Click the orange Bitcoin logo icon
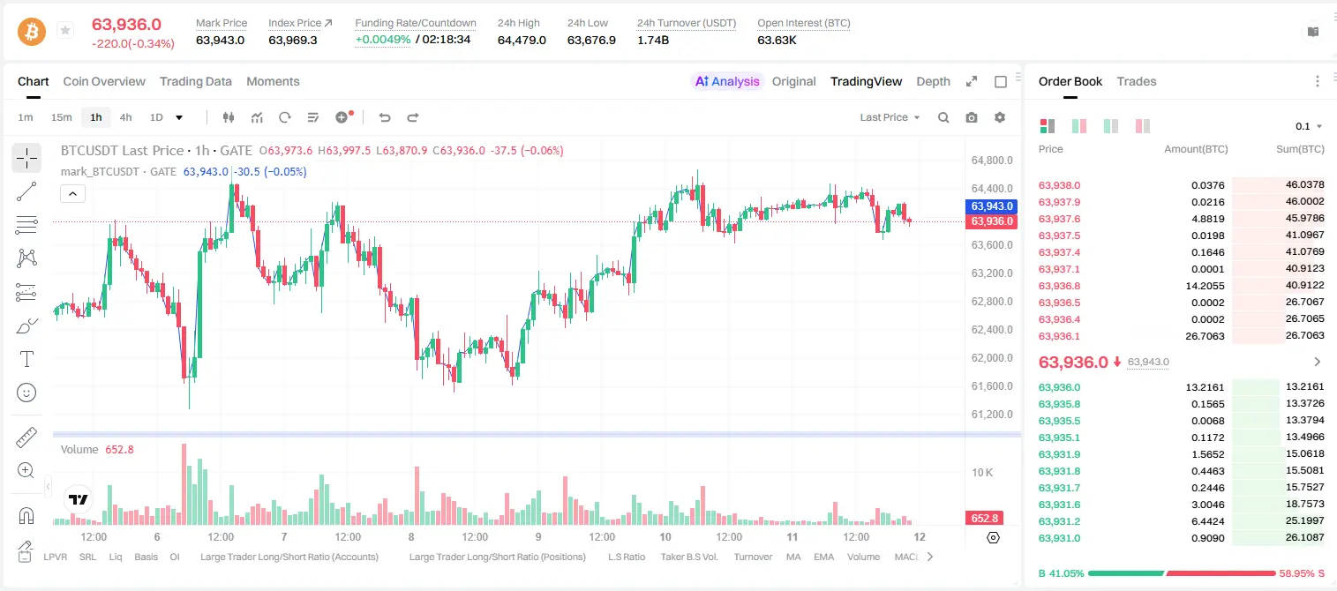coord(32,32)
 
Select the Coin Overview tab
coord(104,81)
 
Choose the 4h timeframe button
coord(125,117)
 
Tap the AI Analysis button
coord(727,81)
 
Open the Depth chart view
coord(933,81)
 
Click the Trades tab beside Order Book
coord(1137,81)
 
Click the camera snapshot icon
coord(972,117)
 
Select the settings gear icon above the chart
coord(1000,117)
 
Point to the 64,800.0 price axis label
coord(992,160)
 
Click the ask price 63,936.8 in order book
coord(1060,286)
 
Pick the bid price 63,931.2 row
coord(1060,521)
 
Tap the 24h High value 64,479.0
coord(522,40)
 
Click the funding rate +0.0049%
coord(383,40)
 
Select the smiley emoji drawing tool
coord(26,393)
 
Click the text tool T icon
coord(26,359)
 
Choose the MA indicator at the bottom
coord(793,557)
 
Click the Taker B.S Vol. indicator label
coord(688,557)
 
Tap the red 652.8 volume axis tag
coord(984,519)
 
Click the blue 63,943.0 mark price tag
coord(991,206)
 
